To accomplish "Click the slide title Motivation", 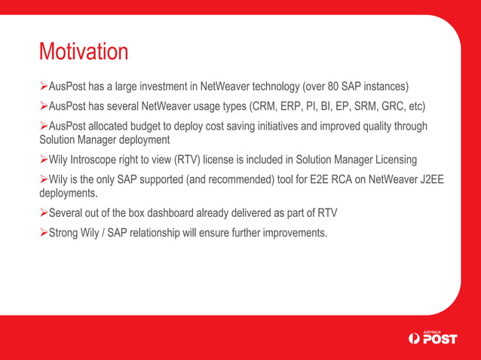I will (x=84, y=52).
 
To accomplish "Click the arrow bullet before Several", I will (x=43, y=214).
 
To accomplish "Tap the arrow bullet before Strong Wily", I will (x=43, y=233).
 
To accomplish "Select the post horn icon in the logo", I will (x=412, y=339).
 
